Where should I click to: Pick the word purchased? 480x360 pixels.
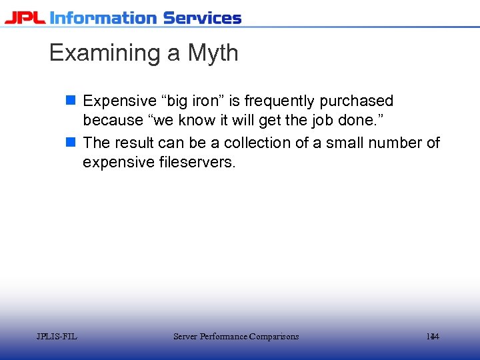(x=357, y=101)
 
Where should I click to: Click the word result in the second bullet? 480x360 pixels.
(x=138, y=143)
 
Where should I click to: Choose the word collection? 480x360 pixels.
(x=263, y=143)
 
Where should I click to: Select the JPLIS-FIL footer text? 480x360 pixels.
(x=57, y=337)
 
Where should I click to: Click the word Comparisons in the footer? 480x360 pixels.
(x=273, y=337)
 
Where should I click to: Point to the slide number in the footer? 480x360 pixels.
(x=433, y=337)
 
